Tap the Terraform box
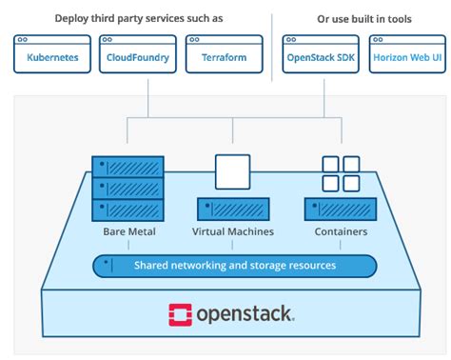[224, 56]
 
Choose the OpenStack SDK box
[321, 56]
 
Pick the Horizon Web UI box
[407, 56]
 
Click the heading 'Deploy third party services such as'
[138, 18]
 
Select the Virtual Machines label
[233, 231]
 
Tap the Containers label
[340, 231]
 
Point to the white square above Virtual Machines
[233, 171]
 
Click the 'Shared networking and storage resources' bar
[233, 265]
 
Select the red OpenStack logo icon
[180, 314]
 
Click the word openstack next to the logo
[245, 314]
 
